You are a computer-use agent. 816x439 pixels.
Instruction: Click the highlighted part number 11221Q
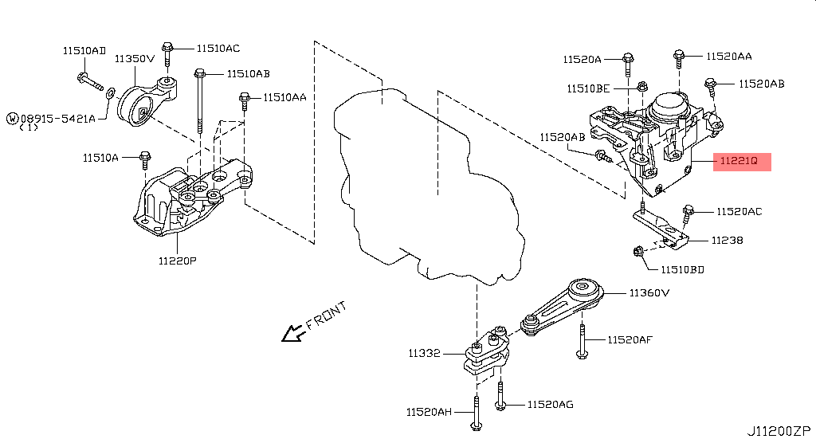click(743, 162)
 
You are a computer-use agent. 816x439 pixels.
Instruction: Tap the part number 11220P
click(176, 260)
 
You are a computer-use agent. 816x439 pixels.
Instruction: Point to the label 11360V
click(649, 292)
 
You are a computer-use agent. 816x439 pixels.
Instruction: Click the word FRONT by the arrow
click(326, 316)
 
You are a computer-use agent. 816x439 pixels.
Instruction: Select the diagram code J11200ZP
click(779, 430)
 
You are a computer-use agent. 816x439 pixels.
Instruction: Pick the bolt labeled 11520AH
click(476, 411)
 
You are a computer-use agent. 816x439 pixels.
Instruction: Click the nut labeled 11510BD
click(638, 252)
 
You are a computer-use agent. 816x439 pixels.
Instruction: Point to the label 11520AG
click(550, 405)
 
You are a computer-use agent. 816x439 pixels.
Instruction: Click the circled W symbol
click(13, 118)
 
